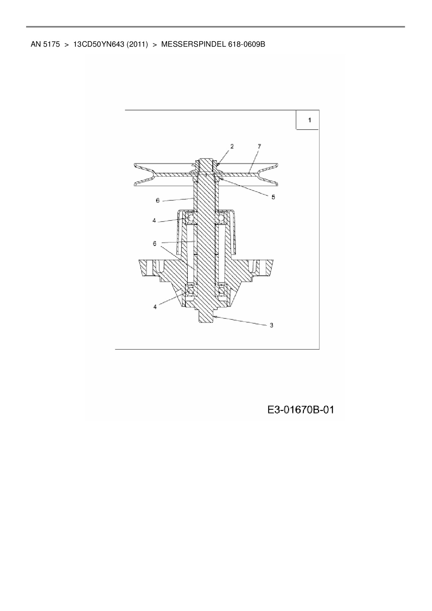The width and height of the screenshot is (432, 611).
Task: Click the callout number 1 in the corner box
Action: click(x=309, y=120)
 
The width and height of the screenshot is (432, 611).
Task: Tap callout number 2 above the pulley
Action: click(x=232, y=147)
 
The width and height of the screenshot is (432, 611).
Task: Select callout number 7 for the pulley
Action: click(x=259, y=147)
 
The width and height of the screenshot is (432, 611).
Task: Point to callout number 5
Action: click(x=273, y=197)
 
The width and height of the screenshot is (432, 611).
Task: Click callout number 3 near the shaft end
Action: click(x=271, y=325)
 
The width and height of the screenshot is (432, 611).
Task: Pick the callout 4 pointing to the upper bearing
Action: click(x=154, y=221)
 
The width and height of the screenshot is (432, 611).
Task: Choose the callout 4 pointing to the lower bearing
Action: click(x=155, y=307)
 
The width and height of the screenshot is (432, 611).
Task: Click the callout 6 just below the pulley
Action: click(x=157, y=201)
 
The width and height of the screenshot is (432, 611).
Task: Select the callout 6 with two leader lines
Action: click(x=155, y=243)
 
